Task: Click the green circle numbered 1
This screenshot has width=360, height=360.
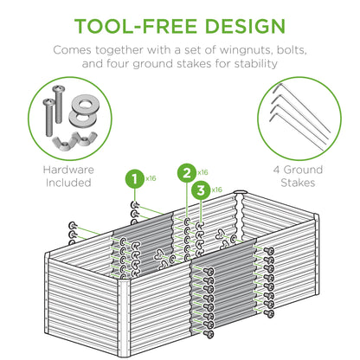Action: coord(133,180)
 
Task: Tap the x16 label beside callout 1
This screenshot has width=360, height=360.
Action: coord(151,178)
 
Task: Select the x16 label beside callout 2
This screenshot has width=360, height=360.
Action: coord(203,171)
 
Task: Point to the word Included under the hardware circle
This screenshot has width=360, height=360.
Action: coord(66,183)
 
